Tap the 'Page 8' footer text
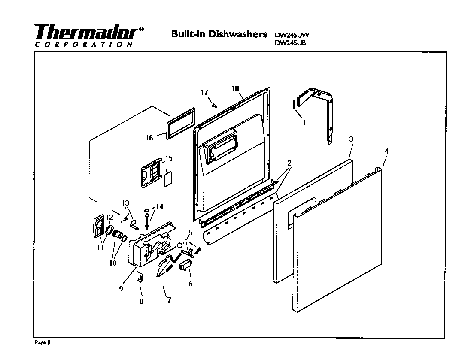click(x=43, y=342)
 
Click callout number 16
click(x=149, y=138)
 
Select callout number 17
click(x=204, y=92)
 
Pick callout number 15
click(x=169, y=159)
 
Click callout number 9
click(x=121, y=289)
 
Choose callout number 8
click(x=141, y=301)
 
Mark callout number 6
click(x=191, y=284)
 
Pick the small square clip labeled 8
click(x=140, y=277)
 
